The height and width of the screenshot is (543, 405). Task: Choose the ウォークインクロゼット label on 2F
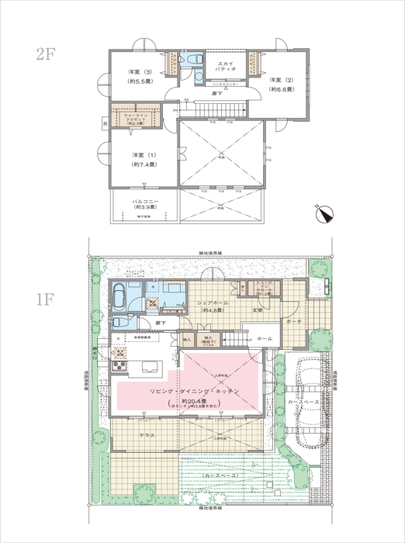point(136,118)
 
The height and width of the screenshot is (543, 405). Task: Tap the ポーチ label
point(293,320)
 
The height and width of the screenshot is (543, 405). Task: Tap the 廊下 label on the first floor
point(159,322)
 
